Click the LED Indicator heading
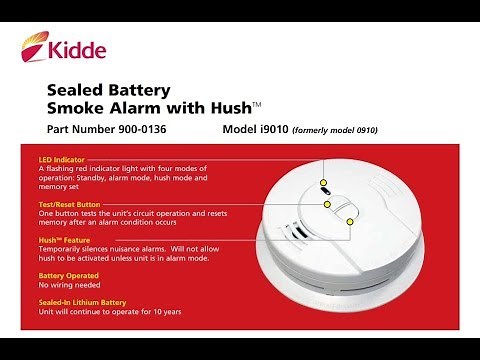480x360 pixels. [61, 159]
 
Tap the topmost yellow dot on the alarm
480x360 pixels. [324, 183]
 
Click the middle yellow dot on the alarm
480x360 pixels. [327, 203]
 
